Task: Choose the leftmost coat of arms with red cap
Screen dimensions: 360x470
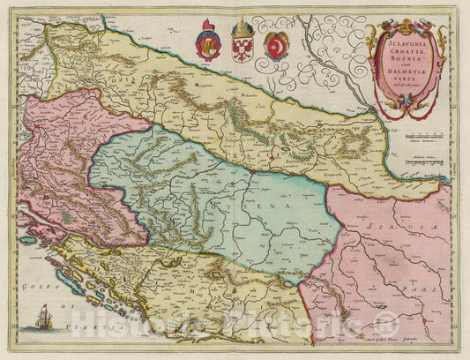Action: point(208,44)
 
